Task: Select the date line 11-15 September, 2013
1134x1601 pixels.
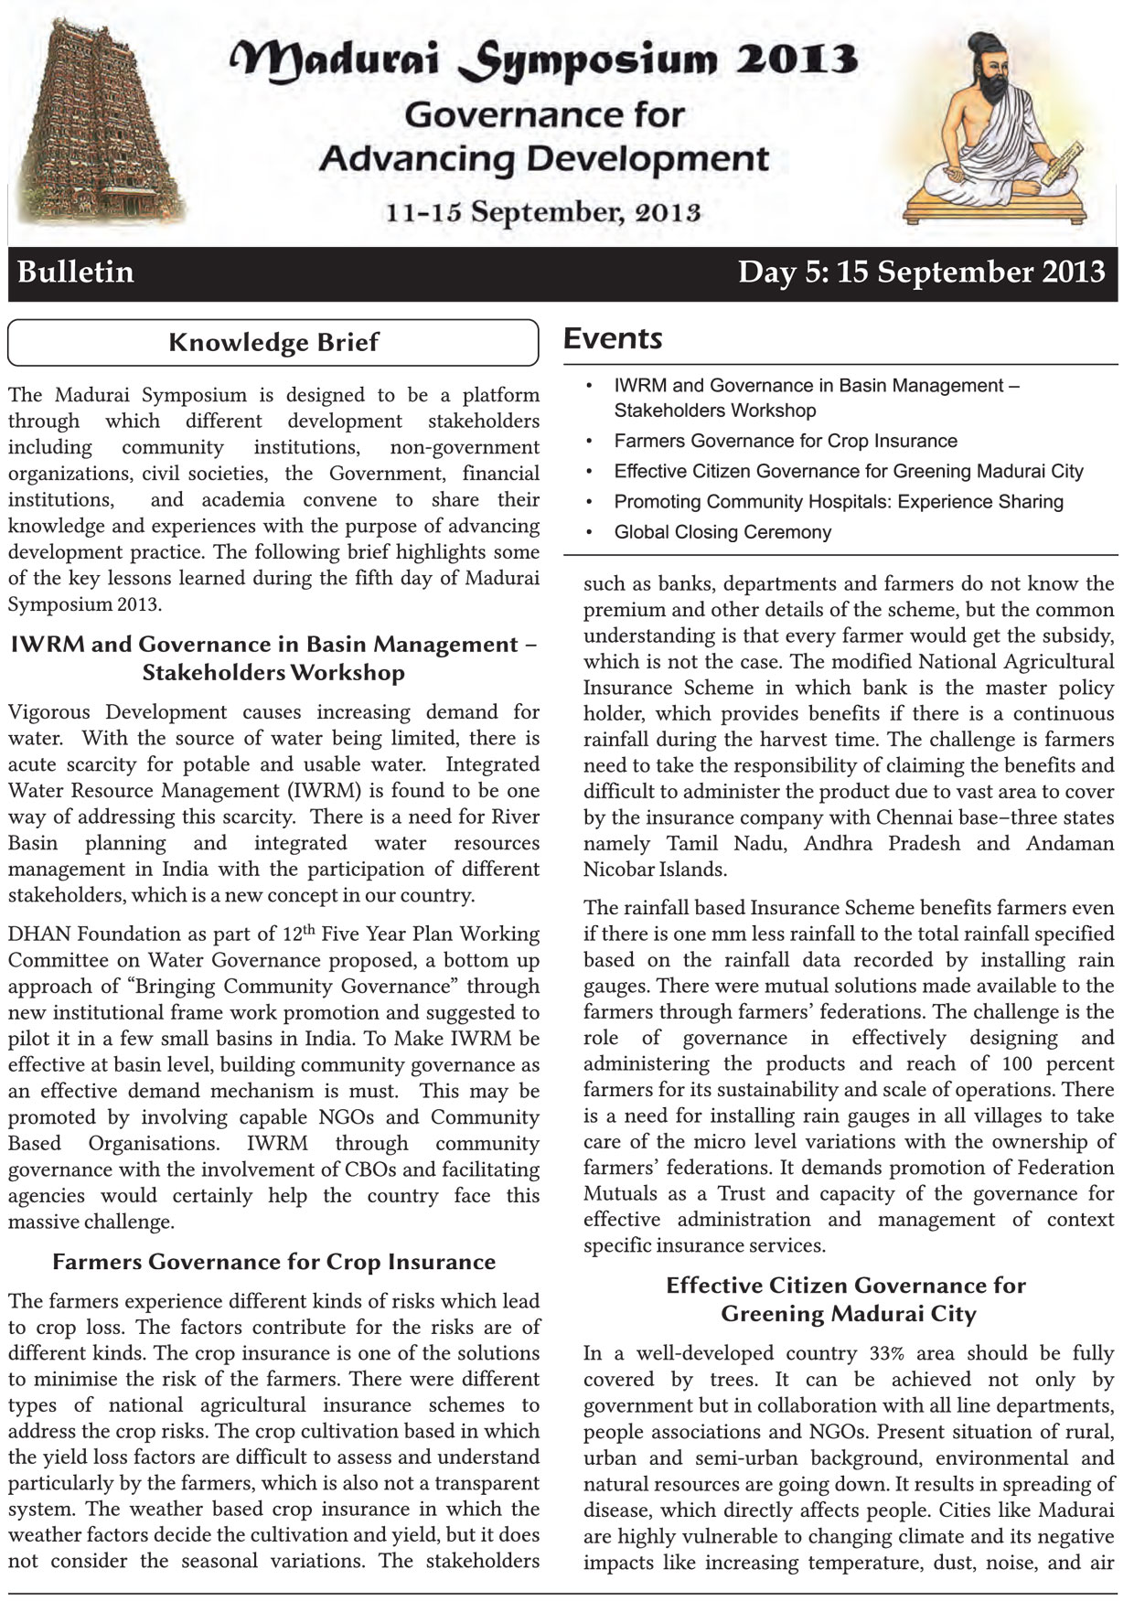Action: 543,212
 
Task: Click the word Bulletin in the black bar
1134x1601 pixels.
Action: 76,272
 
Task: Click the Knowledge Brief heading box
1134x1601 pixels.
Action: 273,343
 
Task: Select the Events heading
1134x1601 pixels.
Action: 613,338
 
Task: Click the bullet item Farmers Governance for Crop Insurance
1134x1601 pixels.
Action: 785,441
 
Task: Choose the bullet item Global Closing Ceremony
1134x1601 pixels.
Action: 722,532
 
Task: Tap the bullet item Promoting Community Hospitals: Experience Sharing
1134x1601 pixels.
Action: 838,502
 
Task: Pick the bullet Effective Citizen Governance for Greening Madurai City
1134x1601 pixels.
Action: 848,472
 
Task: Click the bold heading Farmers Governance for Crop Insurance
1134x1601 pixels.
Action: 273,1262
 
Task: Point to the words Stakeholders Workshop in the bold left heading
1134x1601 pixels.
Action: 273,673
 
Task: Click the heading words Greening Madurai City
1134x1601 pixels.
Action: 848,1314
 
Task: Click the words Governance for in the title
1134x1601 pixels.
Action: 543,115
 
